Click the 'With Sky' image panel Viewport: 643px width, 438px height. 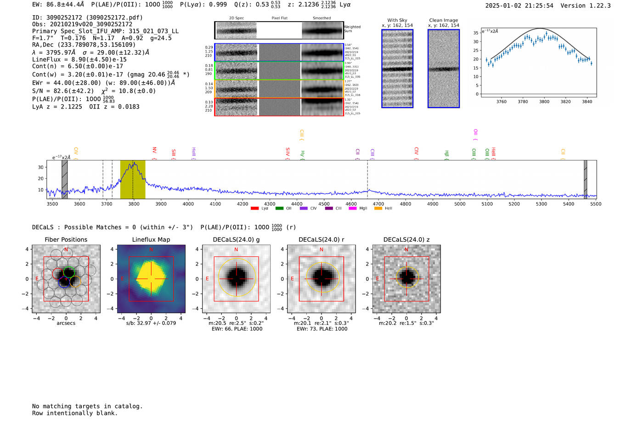click(397, 68)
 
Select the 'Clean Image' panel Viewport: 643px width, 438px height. click(444, 68)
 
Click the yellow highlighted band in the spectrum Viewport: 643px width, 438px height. click(133, 180)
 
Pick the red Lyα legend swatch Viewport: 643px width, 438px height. click(254, 209)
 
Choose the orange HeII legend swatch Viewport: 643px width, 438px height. click(378, 209)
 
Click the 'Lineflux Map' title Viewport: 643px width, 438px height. click(151, 239)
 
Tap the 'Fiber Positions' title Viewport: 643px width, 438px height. click(66, 239)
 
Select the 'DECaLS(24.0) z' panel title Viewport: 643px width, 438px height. click(406, 239)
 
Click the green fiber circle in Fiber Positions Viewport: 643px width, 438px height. click(69, 272)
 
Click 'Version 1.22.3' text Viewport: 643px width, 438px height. click(586, 6)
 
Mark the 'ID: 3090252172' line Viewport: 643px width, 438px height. click(87, 17)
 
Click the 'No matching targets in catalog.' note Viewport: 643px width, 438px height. click(87, 406)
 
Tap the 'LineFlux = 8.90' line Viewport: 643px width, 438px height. click(79, 59)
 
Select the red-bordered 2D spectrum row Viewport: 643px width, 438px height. click(279, 107)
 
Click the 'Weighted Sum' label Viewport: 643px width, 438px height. click(352, 29)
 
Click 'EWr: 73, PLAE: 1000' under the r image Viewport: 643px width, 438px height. click(321, 329)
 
